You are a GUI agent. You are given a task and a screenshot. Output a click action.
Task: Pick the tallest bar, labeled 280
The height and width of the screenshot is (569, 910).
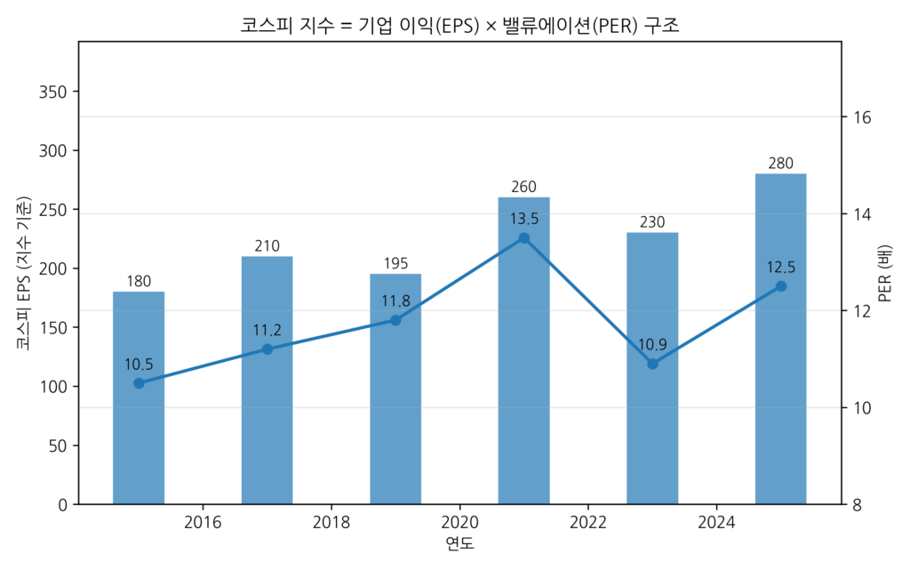coord(780,339)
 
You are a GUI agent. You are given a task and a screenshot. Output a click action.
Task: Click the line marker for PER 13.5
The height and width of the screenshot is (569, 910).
coord(523,238)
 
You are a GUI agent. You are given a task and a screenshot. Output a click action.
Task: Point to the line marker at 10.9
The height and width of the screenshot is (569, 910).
coord(652,364)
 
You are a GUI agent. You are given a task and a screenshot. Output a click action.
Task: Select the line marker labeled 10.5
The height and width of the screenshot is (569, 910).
coord(139,383)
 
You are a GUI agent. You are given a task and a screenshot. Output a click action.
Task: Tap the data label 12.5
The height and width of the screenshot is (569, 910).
coord(780,267)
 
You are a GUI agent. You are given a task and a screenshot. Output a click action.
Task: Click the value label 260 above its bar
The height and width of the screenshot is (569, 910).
coord(523,187)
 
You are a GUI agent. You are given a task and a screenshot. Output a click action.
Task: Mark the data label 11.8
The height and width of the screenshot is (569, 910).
coord(395,301)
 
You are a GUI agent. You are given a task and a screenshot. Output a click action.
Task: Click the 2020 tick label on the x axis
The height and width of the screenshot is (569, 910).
coord(459,521)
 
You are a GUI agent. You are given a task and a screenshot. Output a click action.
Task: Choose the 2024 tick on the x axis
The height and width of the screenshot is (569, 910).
coord(716,521)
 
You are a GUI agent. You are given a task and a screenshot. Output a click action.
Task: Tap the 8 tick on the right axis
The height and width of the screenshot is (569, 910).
coord(858,504)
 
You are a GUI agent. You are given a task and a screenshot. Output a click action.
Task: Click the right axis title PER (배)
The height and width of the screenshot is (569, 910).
coord(885,272)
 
